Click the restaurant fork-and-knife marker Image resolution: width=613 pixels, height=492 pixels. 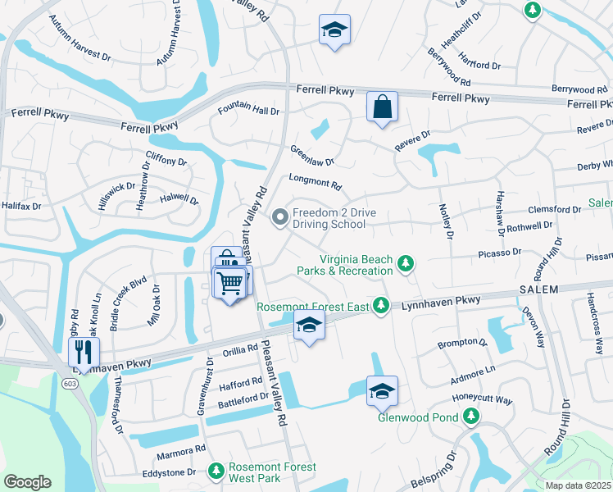point(84,353)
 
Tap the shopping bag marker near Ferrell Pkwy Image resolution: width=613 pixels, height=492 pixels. point(383,106)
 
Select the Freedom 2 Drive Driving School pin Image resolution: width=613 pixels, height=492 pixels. point(280,217)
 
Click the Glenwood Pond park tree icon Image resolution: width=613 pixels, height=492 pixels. point(471,417)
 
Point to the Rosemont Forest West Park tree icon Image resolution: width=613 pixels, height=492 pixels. point(216,471)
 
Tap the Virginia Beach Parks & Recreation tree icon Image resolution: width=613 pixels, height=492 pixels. point(404,264)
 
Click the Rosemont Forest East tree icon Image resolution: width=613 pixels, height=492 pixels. point(380,306)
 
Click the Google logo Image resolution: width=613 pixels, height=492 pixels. point(27,482)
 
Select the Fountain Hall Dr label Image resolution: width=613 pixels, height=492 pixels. point(248,110)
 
